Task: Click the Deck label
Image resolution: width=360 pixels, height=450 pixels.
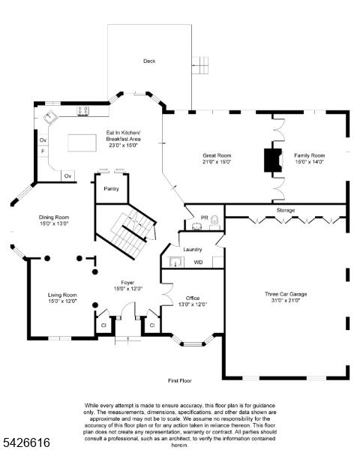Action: point(149,61)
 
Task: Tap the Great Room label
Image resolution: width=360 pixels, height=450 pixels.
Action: point(217,155)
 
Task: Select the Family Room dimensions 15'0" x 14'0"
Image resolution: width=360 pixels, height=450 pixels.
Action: point(310,162)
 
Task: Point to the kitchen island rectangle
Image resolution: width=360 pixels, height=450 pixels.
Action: point(82,142)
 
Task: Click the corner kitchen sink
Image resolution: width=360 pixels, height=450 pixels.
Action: point(51,117)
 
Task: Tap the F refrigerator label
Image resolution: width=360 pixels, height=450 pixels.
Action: point(43,151)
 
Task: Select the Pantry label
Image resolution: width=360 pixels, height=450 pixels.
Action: point(111,189)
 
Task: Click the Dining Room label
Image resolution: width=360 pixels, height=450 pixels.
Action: point(54,217)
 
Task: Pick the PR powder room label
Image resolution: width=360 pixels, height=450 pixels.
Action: point(204,217)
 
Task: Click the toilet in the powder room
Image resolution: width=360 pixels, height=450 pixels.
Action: point(214,222)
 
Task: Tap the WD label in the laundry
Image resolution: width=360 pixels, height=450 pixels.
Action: point(198,262)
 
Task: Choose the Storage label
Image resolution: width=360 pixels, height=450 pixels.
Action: point(286,210)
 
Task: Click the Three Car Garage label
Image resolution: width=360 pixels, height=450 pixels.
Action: point(286,294)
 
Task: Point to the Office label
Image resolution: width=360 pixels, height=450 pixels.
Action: point(193,298)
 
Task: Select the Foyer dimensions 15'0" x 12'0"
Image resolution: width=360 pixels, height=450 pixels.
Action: point(128,289)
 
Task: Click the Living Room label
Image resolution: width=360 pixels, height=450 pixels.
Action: point(62,295)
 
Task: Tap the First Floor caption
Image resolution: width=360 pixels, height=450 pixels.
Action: point(180,380)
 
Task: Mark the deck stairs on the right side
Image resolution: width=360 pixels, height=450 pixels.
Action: point(200,65)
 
